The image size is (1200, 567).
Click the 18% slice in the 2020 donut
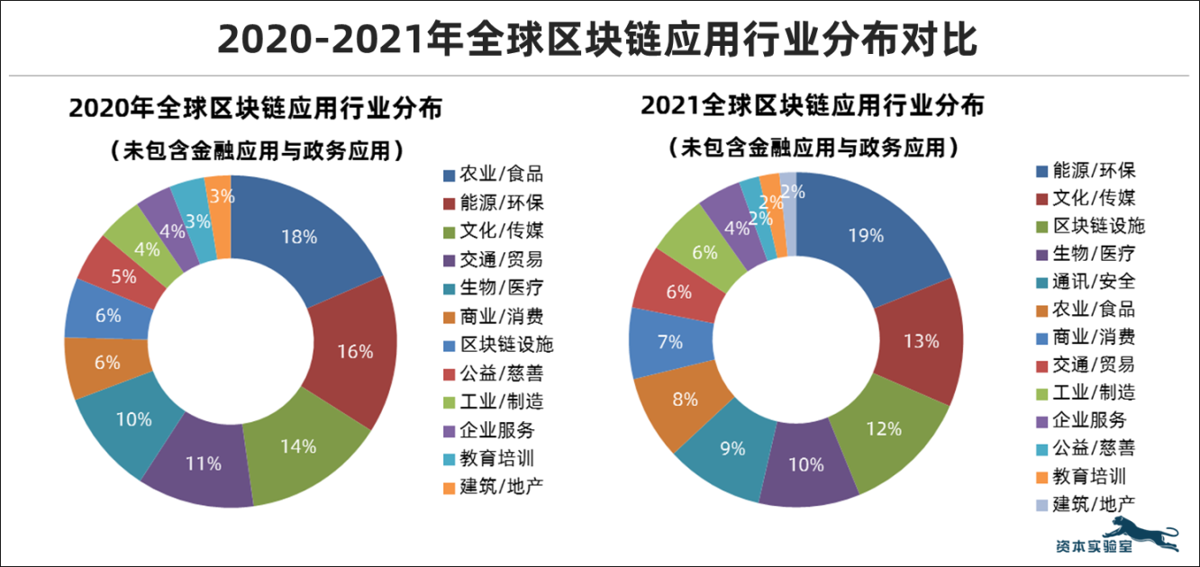[300, 236]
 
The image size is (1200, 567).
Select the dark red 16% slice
[354, 351]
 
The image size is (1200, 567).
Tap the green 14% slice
[298, 445]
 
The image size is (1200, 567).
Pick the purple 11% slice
[204, 464]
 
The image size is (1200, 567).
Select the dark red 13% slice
[920, 341]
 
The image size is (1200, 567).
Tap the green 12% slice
[883, 428]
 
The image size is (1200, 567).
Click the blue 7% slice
[670, 342]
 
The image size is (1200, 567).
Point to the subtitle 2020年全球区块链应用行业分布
[255, 108]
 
